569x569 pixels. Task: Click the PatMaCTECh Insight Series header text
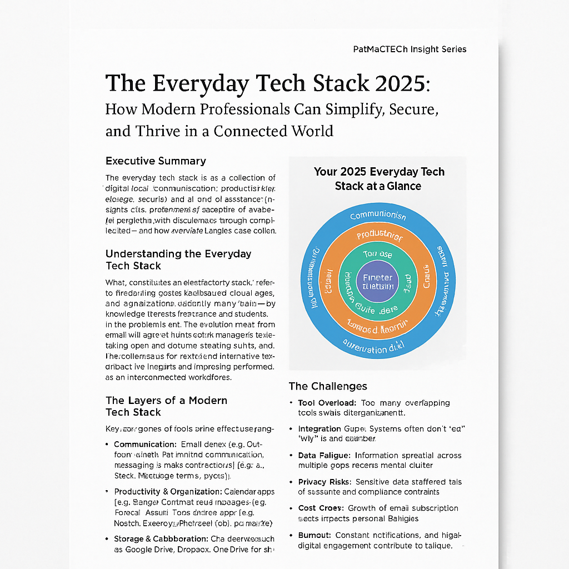coord(410,49)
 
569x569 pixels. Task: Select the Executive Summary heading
coord(156,161)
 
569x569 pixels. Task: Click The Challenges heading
coord(328,386)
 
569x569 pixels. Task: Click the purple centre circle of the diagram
coord(378,282)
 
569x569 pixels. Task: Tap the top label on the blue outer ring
coord(378,216)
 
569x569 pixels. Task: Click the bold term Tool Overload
coord(327,403)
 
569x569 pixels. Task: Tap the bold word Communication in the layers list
coord(145,445)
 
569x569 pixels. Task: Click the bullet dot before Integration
coord(292,430)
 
